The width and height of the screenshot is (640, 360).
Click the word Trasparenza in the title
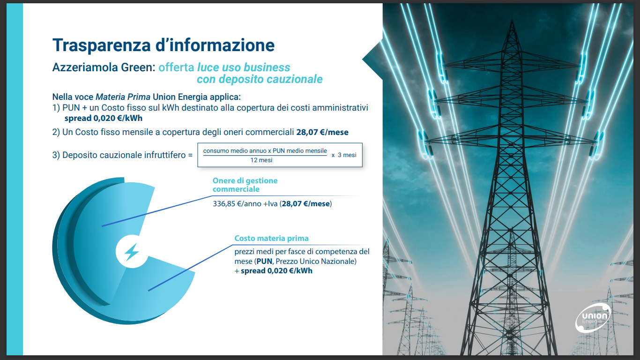(x=101, y=45)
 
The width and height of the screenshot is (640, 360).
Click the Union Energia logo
(x=593, y=318)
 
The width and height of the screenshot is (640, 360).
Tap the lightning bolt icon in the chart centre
(x=132, y=252)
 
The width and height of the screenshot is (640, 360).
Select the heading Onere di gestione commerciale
(x=245, y=185)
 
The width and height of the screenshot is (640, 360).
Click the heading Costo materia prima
(x=271, y=238)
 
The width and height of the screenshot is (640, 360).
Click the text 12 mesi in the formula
(x=261, y=160)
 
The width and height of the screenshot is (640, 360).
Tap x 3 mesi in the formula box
(x=344, y=155)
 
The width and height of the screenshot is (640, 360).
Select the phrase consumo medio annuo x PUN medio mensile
(x=265, y=151)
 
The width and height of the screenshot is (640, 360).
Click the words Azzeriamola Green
(x=104, y=67)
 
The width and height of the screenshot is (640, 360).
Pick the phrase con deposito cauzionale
(x=260, y=79)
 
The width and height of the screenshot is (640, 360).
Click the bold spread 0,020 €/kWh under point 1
(x=104, y=118)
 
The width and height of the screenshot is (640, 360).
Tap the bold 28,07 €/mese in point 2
(x=322, y=132)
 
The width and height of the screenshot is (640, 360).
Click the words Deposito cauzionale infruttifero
(x=124, y=155)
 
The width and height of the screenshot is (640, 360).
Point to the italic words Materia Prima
(x=123, y=97)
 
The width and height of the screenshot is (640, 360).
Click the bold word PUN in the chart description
(x=264, y=262)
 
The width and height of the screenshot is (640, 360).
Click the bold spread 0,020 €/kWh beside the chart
(x=276, y=271)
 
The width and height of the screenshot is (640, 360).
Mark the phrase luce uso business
(x=244, y=67)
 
